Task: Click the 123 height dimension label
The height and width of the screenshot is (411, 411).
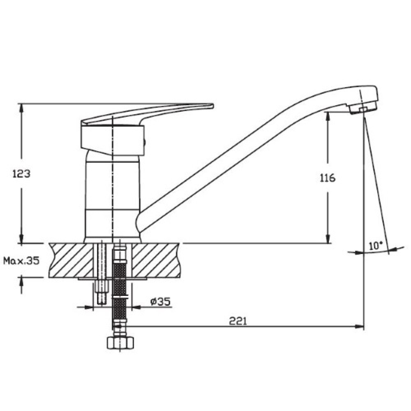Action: point(21,174)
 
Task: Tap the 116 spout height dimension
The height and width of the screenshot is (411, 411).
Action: point(328,178)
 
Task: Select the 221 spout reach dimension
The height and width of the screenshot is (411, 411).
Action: point(238,321)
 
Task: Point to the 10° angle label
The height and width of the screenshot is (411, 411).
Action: point(376,246)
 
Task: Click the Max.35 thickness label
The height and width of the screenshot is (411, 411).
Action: point(21,261)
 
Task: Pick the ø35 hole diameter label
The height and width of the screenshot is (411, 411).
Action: point(160,302)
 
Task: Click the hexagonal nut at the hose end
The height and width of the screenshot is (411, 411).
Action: point(120,343)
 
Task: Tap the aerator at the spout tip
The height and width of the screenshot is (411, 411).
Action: point(363,109)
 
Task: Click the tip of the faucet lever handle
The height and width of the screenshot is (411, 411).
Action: point(213,106)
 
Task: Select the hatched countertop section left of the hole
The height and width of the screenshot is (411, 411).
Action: point(71,260)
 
